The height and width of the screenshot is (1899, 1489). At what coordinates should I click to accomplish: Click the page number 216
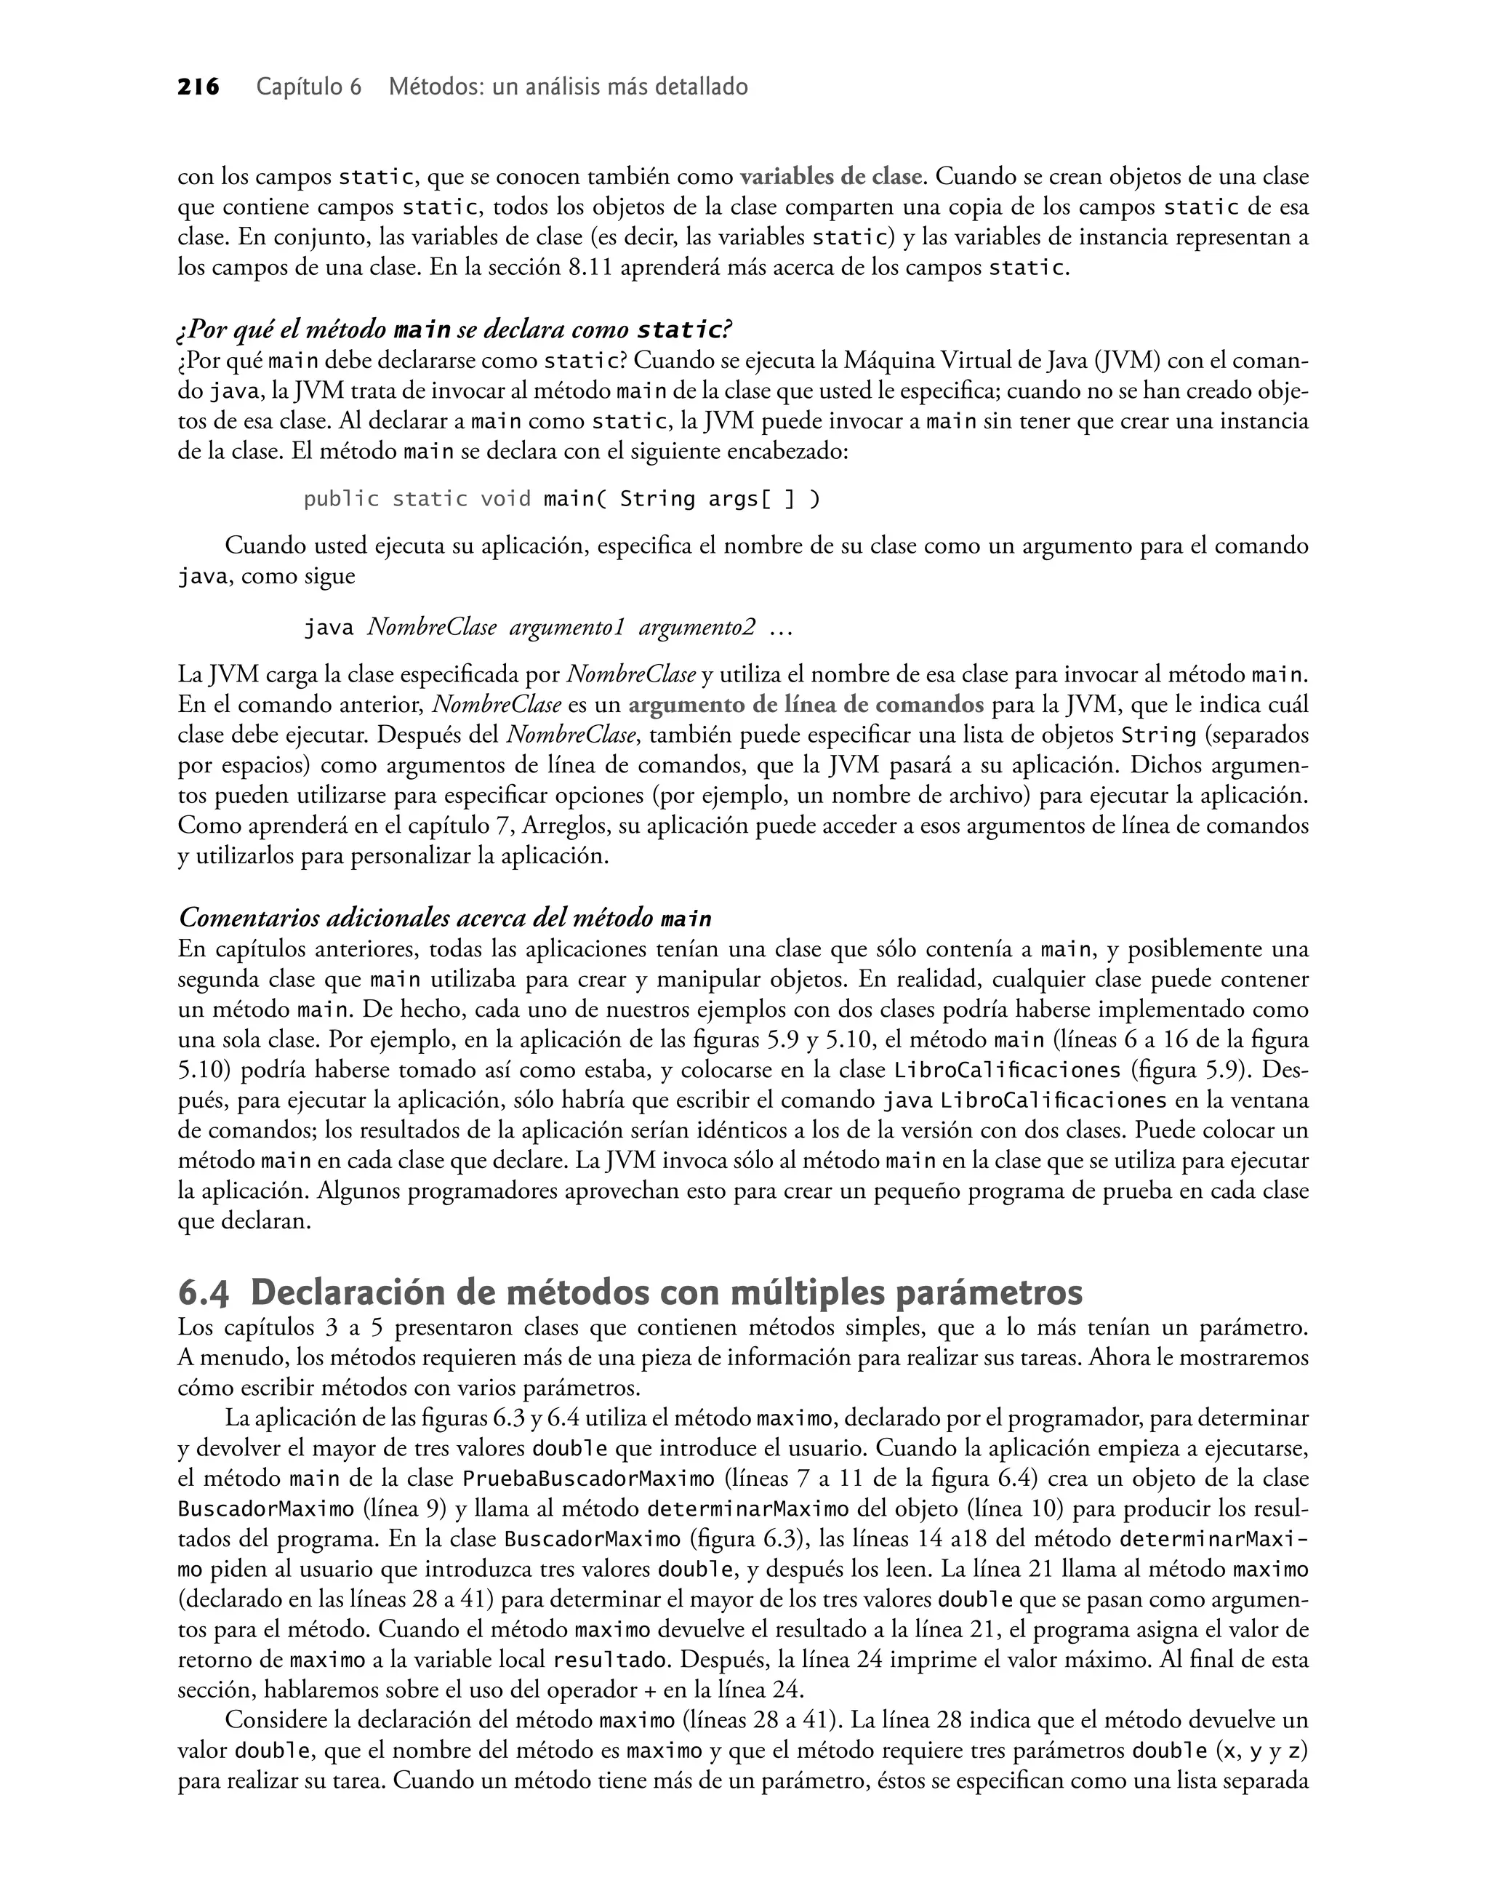click(x=198, y=87)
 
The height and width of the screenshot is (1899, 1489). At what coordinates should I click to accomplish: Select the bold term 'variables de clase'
click(x=831, y=177)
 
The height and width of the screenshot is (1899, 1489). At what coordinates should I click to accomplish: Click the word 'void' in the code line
click(x=505, y=499)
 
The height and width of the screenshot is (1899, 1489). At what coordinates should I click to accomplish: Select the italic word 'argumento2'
click(x=697, y=627)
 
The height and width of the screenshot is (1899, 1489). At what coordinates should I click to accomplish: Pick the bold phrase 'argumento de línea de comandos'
click(x=806, y=705)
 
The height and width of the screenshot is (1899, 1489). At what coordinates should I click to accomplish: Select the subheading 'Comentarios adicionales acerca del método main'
click(x=445, y=918)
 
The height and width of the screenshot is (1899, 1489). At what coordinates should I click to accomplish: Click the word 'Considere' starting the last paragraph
click(x=271, y=1720)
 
